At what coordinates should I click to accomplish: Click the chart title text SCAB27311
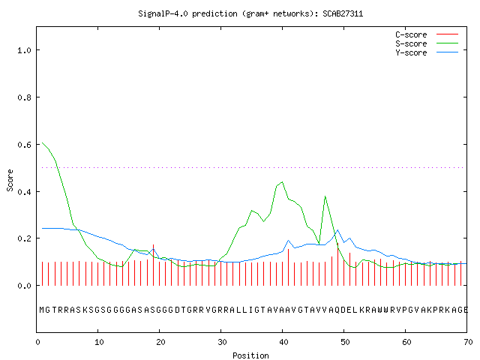[x=343, y=13]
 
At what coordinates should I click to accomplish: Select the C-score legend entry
[x=427, y=34]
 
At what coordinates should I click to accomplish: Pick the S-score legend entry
[x=427, y=43]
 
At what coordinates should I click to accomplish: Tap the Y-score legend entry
[x=427, y=52]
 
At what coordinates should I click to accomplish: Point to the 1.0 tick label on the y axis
[x=24, y=50]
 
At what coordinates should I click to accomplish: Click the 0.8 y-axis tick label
[x=24, y=97]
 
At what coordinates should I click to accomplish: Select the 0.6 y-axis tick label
[x=24, y=145]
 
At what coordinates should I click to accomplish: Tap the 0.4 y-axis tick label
[x=24, y=192]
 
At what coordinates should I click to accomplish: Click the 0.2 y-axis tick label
[x=24, y=238]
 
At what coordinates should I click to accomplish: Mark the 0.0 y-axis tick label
[x=24, y=286]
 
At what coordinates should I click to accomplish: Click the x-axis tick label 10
[x=99, y=342]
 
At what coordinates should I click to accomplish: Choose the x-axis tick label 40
[x=283, y=342]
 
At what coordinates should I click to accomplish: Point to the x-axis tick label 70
[x=468, y=342]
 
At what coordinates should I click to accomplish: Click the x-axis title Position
[x=250, y=355]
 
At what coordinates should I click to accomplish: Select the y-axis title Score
[x=10, y=180]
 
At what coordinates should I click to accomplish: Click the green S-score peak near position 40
[x=282, y=182]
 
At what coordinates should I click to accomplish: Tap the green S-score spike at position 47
[x=325, y=196]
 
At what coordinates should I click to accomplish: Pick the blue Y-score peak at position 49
[x=337, y=230]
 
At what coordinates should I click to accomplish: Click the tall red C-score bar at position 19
[x=153, y=265]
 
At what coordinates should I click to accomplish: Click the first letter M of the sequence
[x=42, y=310]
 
